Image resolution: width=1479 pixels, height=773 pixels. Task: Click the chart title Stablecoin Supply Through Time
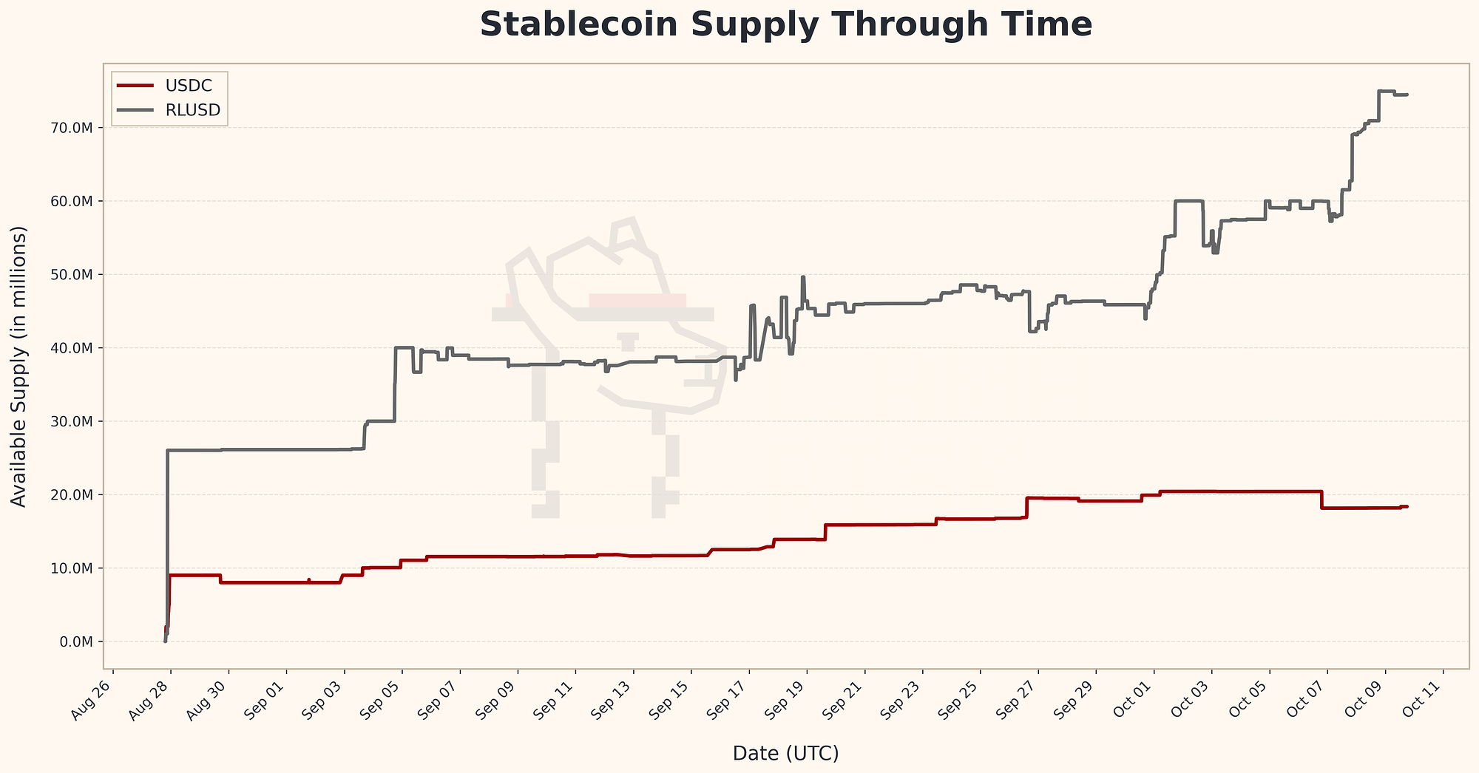click(x=785, y=25)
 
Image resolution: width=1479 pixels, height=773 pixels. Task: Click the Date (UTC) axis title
click(x=785, y=753)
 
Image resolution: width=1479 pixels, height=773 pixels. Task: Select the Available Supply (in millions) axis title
click(x=19, y=367)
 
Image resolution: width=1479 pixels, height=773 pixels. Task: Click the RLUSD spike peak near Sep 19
click(x=803, y=277)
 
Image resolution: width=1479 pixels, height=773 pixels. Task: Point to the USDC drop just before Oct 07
click(x=1321, y=500)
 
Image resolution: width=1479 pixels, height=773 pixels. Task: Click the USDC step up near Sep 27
click(x=1026, y=507)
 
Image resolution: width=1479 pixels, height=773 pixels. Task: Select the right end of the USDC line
click(x=1407, y=506)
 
